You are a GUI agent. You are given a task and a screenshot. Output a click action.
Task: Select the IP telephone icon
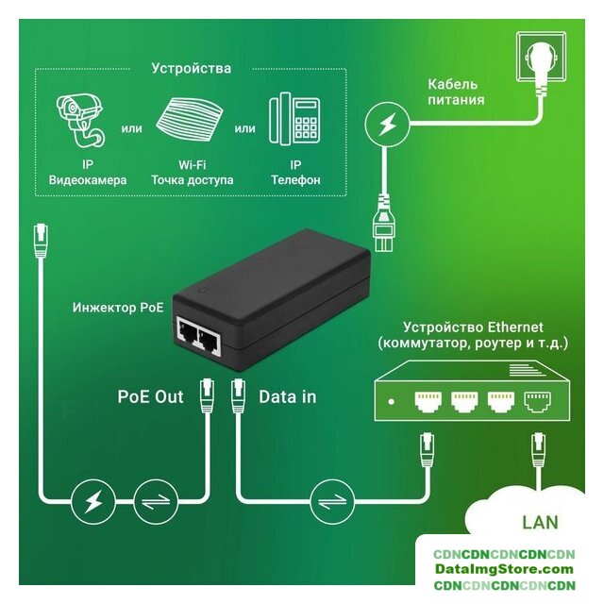(294, 118)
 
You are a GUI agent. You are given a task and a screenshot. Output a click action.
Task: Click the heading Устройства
(191, 68)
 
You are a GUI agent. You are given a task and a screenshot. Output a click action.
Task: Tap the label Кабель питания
(455, 92)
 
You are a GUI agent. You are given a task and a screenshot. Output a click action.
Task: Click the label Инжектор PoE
(117, 308)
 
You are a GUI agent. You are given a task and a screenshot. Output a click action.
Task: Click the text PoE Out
(151, 396)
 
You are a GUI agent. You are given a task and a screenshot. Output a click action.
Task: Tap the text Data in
(287, 396)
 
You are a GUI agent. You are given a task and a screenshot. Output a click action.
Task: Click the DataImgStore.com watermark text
(505, 569)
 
